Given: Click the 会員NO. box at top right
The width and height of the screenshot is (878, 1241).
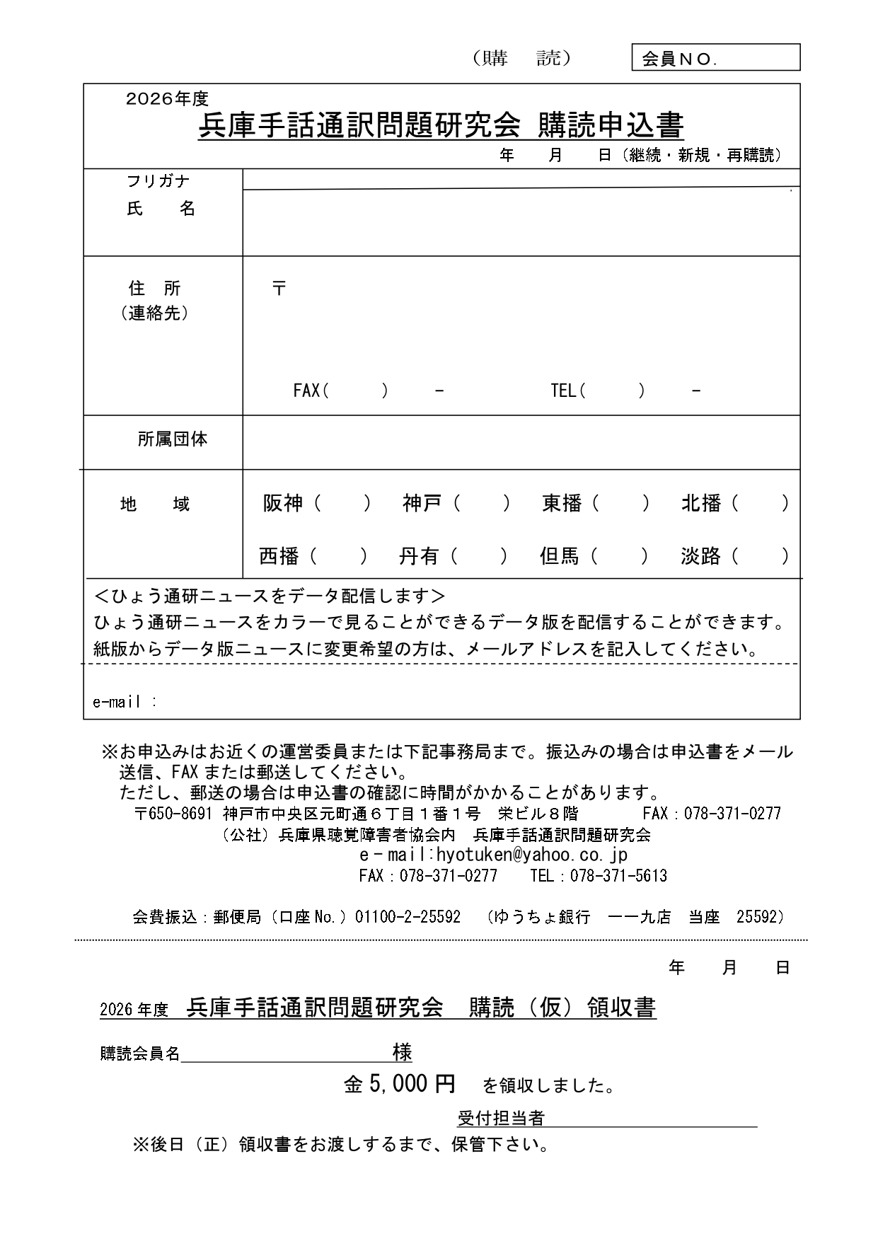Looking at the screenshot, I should click(x=715, y=58).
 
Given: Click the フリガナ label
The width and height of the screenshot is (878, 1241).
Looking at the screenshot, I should click(x=158, y=181).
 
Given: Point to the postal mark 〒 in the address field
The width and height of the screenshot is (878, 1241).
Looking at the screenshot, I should click(x=279, y=288).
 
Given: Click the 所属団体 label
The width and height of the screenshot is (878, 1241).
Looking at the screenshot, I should click(x=172, y=439).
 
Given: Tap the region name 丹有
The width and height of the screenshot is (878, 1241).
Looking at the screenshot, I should click(x=419, y=557).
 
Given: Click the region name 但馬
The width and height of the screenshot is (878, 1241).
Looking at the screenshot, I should click(x=559, y=557).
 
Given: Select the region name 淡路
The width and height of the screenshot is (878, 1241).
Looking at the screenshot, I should click(x=700, y=557).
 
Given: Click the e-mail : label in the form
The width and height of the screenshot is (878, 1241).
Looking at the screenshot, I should click(x=125, y=702).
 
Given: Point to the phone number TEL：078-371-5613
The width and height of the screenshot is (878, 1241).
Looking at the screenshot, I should click(x=599, y=876).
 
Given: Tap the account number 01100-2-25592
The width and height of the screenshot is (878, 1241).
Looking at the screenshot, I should click(x=408, y=917).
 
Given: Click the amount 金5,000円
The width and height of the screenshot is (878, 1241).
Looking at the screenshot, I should click(x=400, y=1084).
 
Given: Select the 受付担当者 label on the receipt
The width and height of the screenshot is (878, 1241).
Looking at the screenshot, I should click(x=501, y=1119).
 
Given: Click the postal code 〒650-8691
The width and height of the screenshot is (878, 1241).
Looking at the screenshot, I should click(x=173, y=814).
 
